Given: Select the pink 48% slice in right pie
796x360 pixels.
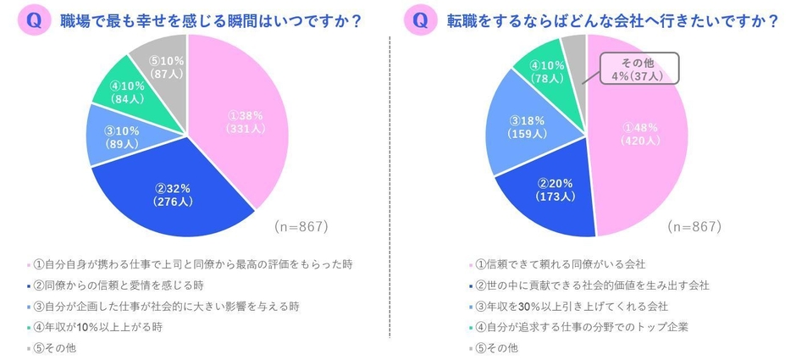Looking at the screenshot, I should (639, 136).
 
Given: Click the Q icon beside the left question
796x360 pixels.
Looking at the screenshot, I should (34, 22).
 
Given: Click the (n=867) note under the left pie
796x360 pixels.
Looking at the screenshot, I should (301, 227).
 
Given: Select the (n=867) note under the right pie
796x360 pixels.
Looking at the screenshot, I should (693, 227).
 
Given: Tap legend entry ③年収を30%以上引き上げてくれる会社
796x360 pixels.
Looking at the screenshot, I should (563, 305).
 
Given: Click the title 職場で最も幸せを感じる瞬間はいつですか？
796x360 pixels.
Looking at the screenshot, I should (207, 22).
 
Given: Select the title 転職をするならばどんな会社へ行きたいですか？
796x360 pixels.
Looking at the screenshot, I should (609, 22).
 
